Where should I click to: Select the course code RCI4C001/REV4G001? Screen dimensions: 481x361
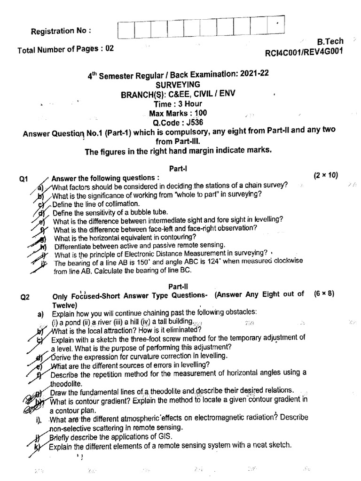[x=304, y=52]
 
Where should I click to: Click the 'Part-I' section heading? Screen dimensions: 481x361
[x=180, y=168]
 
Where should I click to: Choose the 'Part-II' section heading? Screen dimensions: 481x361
[x=179, y=286]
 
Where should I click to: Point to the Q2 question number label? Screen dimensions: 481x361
[x=25, y=297]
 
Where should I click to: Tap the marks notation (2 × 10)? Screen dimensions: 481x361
[x=328, y=175]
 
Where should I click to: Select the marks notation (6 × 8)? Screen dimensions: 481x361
[x=324, y=294]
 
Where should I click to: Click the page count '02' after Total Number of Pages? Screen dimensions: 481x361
[x=110, y=48]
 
